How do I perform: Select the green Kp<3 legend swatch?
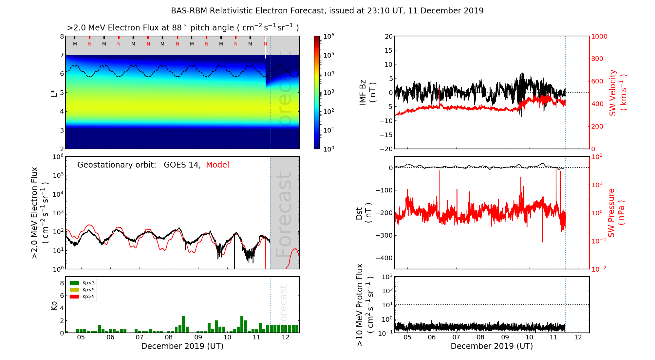(74, 283)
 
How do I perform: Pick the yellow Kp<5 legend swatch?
(74, 290)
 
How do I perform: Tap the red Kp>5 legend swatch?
(74, 297)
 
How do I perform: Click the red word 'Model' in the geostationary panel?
(217, 165)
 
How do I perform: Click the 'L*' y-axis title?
(54, 92)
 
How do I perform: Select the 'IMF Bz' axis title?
(363, 92)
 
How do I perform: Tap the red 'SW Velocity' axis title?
(613, 92)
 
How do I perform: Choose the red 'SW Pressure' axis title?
(611, 213)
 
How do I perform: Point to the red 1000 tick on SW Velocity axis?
(599, 36)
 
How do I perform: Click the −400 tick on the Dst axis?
(385, 258)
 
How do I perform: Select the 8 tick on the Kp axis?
(62, 283)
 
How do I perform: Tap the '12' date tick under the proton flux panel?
(578, 337)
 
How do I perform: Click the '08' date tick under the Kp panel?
(169, 337)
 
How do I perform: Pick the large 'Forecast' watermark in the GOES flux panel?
(284, 214)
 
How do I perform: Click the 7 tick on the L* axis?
(62, 55)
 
